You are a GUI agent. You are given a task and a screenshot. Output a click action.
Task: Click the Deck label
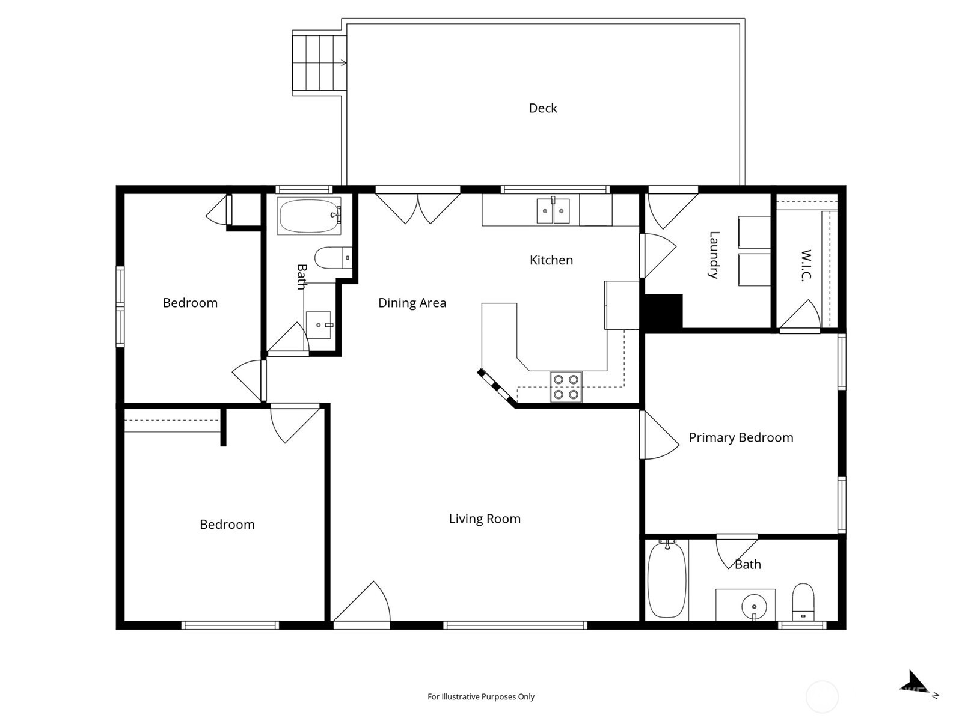click(x=542, y=108)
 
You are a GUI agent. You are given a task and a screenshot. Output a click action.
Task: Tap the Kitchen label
click(x=551, y=260)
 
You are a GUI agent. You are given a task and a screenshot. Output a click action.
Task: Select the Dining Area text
click(x=412, y=303)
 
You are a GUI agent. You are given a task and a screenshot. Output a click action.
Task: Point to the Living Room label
click(x=485, y=519)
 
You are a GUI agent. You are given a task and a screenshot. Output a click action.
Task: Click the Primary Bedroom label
click(x=741, y=437)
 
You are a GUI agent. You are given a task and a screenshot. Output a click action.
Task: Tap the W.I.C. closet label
click(x=806, y=266)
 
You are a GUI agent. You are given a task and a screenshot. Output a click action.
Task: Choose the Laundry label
click(x=714, y=255)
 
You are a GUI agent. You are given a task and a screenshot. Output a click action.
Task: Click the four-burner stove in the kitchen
click(x=566, y=386)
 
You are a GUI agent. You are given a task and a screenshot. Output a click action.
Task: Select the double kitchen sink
click(x=553, y=210)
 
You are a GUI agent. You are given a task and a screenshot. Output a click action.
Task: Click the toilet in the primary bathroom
click(x=803, y=602)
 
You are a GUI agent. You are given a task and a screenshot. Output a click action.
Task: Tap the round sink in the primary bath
click(x=754, y=607)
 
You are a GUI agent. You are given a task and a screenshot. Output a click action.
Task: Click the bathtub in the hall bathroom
click(x=310, y=216)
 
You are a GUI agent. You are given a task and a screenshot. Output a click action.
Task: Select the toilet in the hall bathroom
click(x=334, y=257)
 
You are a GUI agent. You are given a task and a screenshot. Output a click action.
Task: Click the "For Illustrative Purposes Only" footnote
click(x=481, y=696)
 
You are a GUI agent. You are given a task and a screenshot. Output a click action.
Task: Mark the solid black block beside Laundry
click(x=663, y=311)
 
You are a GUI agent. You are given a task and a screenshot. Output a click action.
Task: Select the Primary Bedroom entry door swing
click(x=660, y=435)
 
